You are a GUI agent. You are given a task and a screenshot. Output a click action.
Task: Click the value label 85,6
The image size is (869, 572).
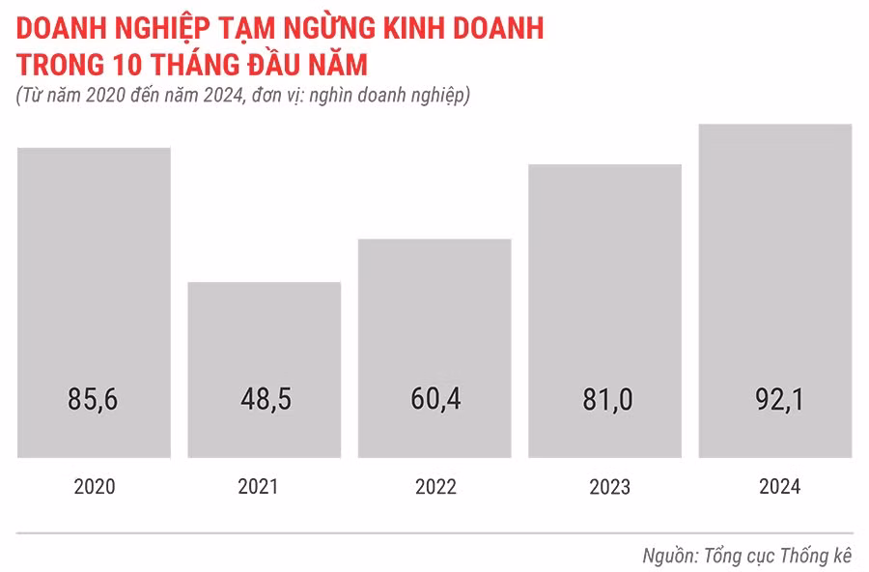94,400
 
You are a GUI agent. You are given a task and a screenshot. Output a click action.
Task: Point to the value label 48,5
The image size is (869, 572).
264,400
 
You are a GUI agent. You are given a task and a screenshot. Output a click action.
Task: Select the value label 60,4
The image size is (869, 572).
434,400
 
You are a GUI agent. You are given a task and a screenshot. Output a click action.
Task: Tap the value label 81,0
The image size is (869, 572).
605,400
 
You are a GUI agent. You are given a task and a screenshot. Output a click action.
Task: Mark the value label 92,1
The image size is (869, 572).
775,400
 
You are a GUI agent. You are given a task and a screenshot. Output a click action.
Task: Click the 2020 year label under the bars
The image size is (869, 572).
94,487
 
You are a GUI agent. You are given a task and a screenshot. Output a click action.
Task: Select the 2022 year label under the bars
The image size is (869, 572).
435,487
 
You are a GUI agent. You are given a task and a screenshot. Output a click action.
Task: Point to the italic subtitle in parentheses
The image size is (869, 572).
242,97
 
